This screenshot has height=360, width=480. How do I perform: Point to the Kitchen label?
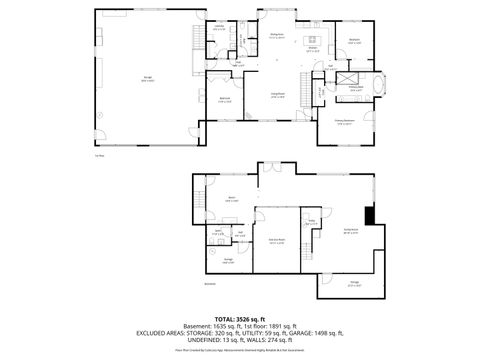coord(312,48)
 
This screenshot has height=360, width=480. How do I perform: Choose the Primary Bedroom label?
coord(345,123)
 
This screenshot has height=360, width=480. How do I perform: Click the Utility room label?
coord(312,222)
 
